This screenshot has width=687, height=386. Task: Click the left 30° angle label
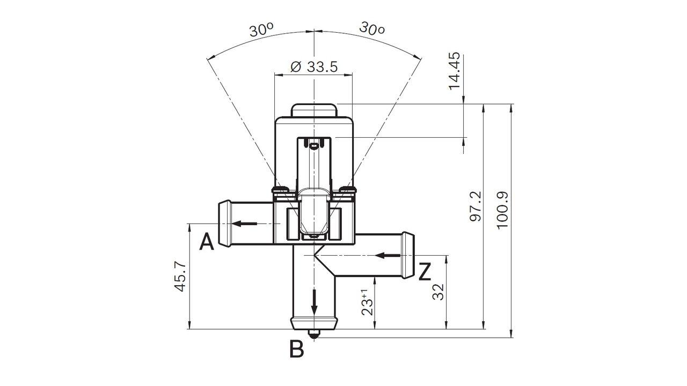pyautogui.click(x=261, y=29)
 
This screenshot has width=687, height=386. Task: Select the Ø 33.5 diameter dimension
pyautogui.click(x=313, y=66)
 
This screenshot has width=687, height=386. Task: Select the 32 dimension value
pyautogui.click(x=438, y=292)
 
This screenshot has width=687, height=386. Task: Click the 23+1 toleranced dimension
pyautogui.click(x=367, y=302)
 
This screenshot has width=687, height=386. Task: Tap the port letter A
pyautogui.click(x=207, y=242)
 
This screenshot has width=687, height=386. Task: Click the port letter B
pyautogui.click(x=296, y=349)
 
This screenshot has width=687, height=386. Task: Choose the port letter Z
pyautogui.click(x=424, y=272)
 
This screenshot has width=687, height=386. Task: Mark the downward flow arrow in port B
pyautogui.click(x=314, y=303)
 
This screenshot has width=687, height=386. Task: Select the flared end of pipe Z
pyautogui.click(x=407, y=255)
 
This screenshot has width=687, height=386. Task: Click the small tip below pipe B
pyautogui.click(x=314, y=335)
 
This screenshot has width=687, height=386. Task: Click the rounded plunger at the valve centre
pyautogui.click(x=313, y=212)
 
